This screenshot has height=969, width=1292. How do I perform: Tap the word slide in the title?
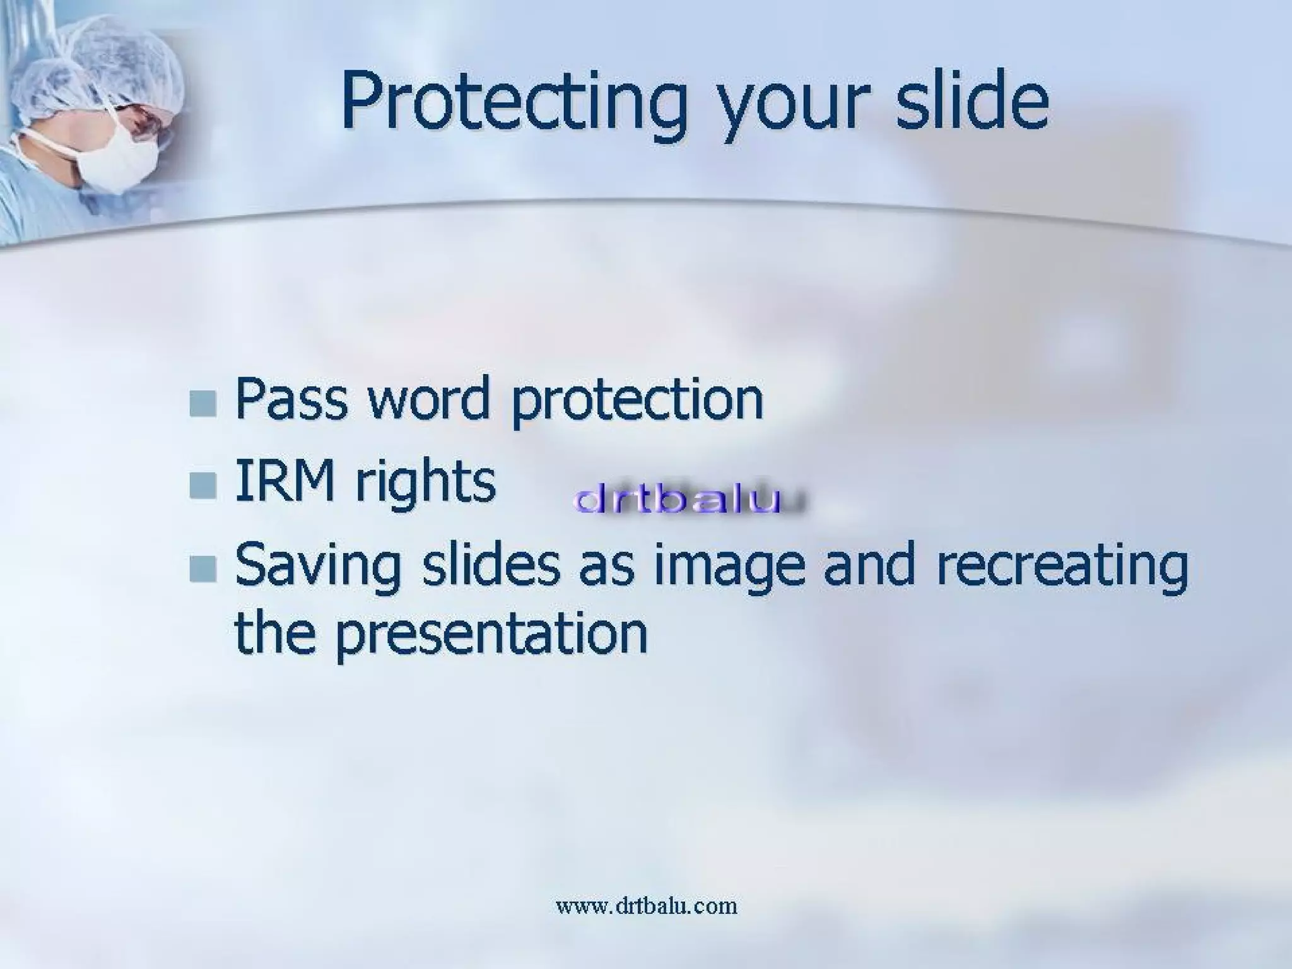(972, 101)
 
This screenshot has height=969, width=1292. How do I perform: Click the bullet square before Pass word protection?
(203, 403)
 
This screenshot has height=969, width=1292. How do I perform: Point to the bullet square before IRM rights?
(203, 485)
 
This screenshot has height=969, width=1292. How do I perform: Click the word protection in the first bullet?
(637, 401)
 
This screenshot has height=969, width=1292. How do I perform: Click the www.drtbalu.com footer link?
(646, 906)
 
